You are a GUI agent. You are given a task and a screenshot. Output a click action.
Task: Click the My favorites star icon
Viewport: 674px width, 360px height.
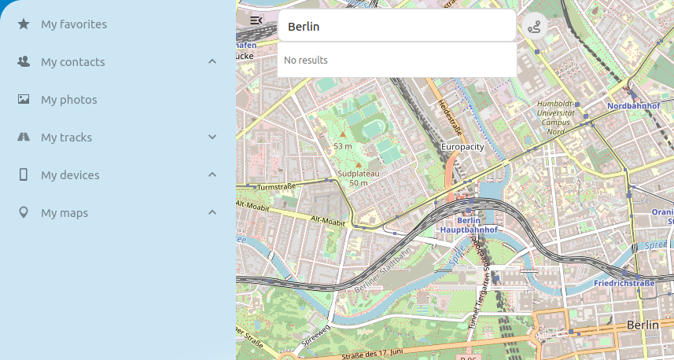[24, 24]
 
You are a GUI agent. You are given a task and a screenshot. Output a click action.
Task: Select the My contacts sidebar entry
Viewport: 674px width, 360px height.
[72, 62]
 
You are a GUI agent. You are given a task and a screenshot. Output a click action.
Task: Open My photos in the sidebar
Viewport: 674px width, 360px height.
[68, 100]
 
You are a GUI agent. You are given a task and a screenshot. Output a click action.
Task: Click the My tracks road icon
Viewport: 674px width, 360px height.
[24, 138]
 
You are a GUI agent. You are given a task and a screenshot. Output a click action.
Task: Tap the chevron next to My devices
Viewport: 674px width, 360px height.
[212, 174]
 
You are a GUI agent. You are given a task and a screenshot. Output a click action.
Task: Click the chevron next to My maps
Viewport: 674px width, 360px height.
[212, 212]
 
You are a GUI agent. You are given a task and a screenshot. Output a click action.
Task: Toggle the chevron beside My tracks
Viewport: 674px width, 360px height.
[212, 138]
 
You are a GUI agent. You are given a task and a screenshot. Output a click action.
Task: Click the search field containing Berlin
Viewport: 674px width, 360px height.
[396, 26]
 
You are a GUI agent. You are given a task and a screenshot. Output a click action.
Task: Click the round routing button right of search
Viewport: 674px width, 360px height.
[535, 26]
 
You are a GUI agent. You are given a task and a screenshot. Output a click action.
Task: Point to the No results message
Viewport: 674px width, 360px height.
[306, 61]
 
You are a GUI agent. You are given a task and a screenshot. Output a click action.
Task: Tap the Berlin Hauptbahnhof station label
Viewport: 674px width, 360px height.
[469, 226]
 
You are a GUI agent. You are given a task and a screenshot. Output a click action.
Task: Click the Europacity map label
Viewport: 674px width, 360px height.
[462, 147]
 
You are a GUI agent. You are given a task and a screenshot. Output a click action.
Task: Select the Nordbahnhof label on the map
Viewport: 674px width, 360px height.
[633, 105]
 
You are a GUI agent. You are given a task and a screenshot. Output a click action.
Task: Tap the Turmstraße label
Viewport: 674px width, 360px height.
[275, 187]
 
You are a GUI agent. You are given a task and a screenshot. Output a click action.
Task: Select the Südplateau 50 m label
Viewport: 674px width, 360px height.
[358, 178]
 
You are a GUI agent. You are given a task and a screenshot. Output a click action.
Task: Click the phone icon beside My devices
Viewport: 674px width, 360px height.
[24, 174]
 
